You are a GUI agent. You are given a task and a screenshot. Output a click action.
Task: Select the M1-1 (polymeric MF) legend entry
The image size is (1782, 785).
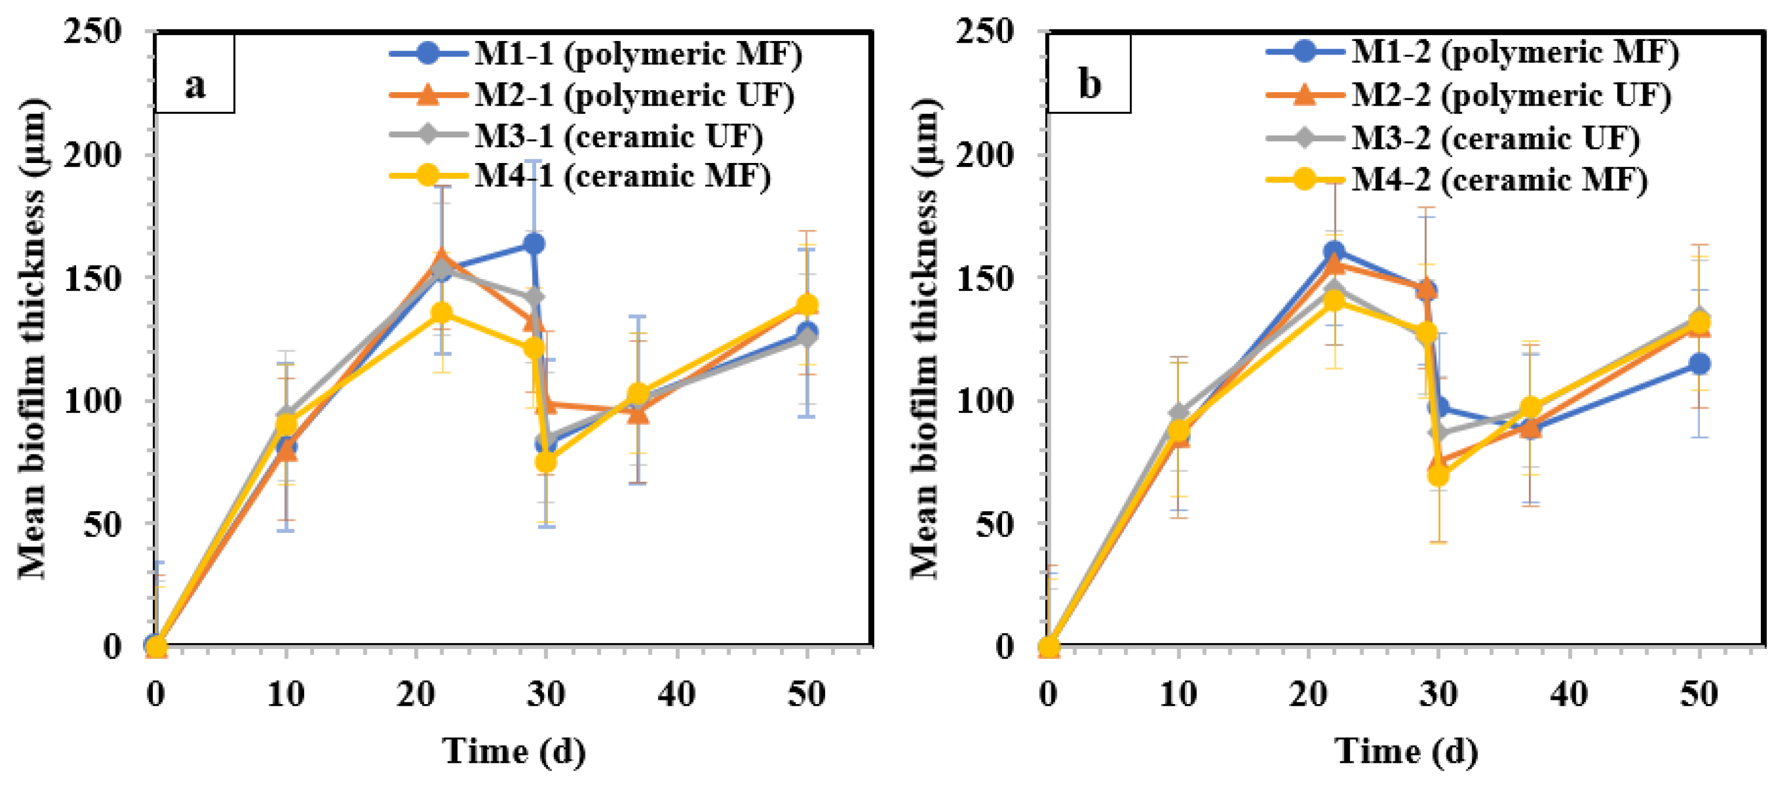(x=595, y=53)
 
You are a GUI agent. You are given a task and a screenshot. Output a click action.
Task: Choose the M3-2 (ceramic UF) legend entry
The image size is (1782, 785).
(x=1453, y=138)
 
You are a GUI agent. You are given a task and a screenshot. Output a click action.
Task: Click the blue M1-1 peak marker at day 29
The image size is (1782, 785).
(x=533, y=244)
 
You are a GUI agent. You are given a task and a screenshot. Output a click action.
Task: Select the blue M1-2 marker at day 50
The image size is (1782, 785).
(x=1699, y=364)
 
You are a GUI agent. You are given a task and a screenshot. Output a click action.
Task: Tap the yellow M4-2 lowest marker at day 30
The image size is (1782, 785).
(x=1438, y=476)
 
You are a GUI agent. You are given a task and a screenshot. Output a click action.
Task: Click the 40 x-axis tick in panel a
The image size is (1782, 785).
(x=676, y=694)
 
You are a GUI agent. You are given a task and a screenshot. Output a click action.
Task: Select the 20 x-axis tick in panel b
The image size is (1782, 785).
(x=1307, y=694)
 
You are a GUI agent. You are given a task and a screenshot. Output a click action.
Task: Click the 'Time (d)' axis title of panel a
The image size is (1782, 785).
(x=513, y=751)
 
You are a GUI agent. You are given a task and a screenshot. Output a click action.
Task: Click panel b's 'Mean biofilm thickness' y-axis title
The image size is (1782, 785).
(x=926, y=339)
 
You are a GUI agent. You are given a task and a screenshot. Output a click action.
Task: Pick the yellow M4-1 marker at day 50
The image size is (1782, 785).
(x=806, y=305)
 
